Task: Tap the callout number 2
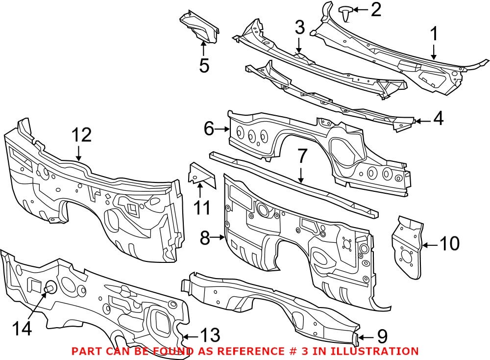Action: point(375,10)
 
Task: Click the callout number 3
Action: point(299,28)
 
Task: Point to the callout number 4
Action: point(438,119)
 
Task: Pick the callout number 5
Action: point(204,65)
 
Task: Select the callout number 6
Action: point(209,129)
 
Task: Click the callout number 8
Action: point(205,239)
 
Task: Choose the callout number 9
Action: point(381,336)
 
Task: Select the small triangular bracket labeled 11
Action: point(201,175)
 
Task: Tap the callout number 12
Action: point(81,135)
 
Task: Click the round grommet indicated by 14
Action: point(49,288)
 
